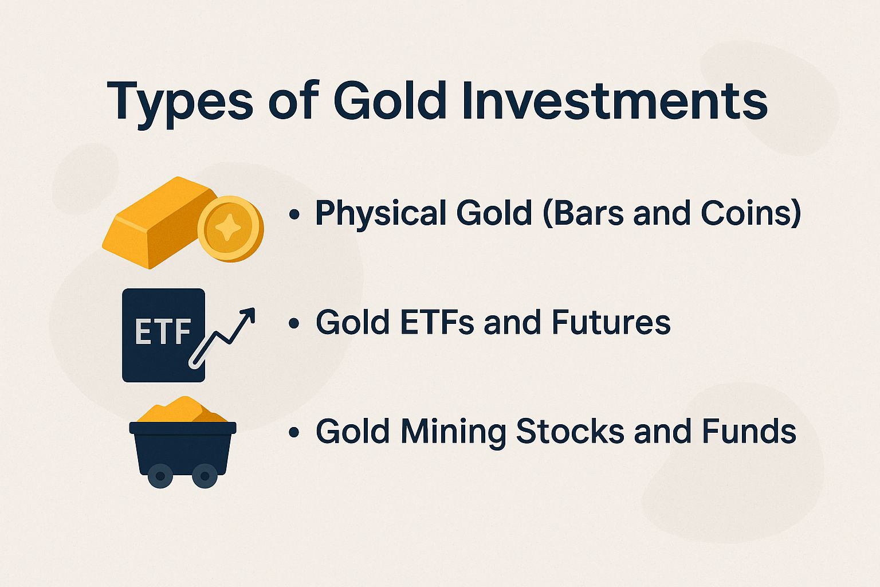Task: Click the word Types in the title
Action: (x=179, y=102)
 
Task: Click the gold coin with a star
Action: (x=231, y=229)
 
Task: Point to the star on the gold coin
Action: (x=229, y=228)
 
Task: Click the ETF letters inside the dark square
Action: (x=163, y=331)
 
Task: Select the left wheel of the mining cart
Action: (x=160, y=476)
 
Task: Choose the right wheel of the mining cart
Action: (x=204, y=476)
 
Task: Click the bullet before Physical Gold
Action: (x=294, y=214)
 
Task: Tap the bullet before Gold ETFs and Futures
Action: (x=294, y=323)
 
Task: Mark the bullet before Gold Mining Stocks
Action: (x=294, y=432)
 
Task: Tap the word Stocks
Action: (x=570, y=431)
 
